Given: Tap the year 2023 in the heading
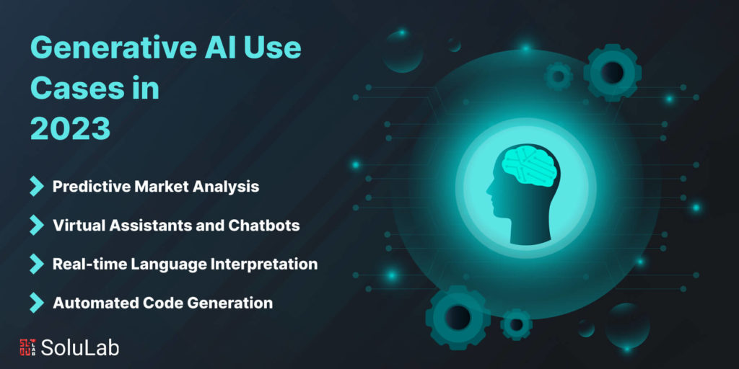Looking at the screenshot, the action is coord(70,128).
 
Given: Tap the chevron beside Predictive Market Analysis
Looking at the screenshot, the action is coord(36,187).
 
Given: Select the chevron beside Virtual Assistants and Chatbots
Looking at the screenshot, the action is coord(36,226).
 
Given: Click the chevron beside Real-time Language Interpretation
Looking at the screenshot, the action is coord(36,264).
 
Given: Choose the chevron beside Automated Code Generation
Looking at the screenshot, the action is coord(36,303).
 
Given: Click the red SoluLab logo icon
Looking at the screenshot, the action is coord(28,347).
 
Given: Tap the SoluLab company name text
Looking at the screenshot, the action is coord(80,347).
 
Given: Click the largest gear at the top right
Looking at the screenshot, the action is coord(612,73).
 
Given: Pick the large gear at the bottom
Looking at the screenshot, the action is coord(457,317).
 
